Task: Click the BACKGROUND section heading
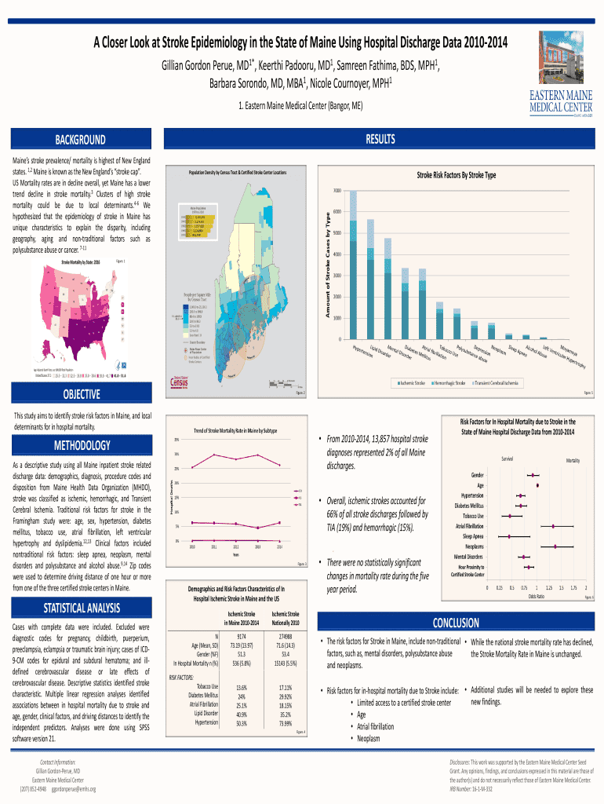tap(80, 140)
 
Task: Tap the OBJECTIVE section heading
tap(80, 394)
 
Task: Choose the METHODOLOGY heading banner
tap(80, 446)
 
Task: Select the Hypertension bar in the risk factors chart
tap(353, 267)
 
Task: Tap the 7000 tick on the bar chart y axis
tap(335, 191)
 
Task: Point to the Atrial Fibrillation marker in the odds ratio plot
tap(554, 526)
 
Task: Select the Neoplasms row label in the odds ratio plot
tap(474, 546)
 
